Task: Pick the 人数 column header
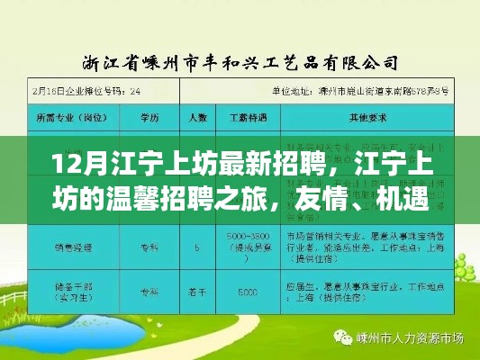coord(192,117)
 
